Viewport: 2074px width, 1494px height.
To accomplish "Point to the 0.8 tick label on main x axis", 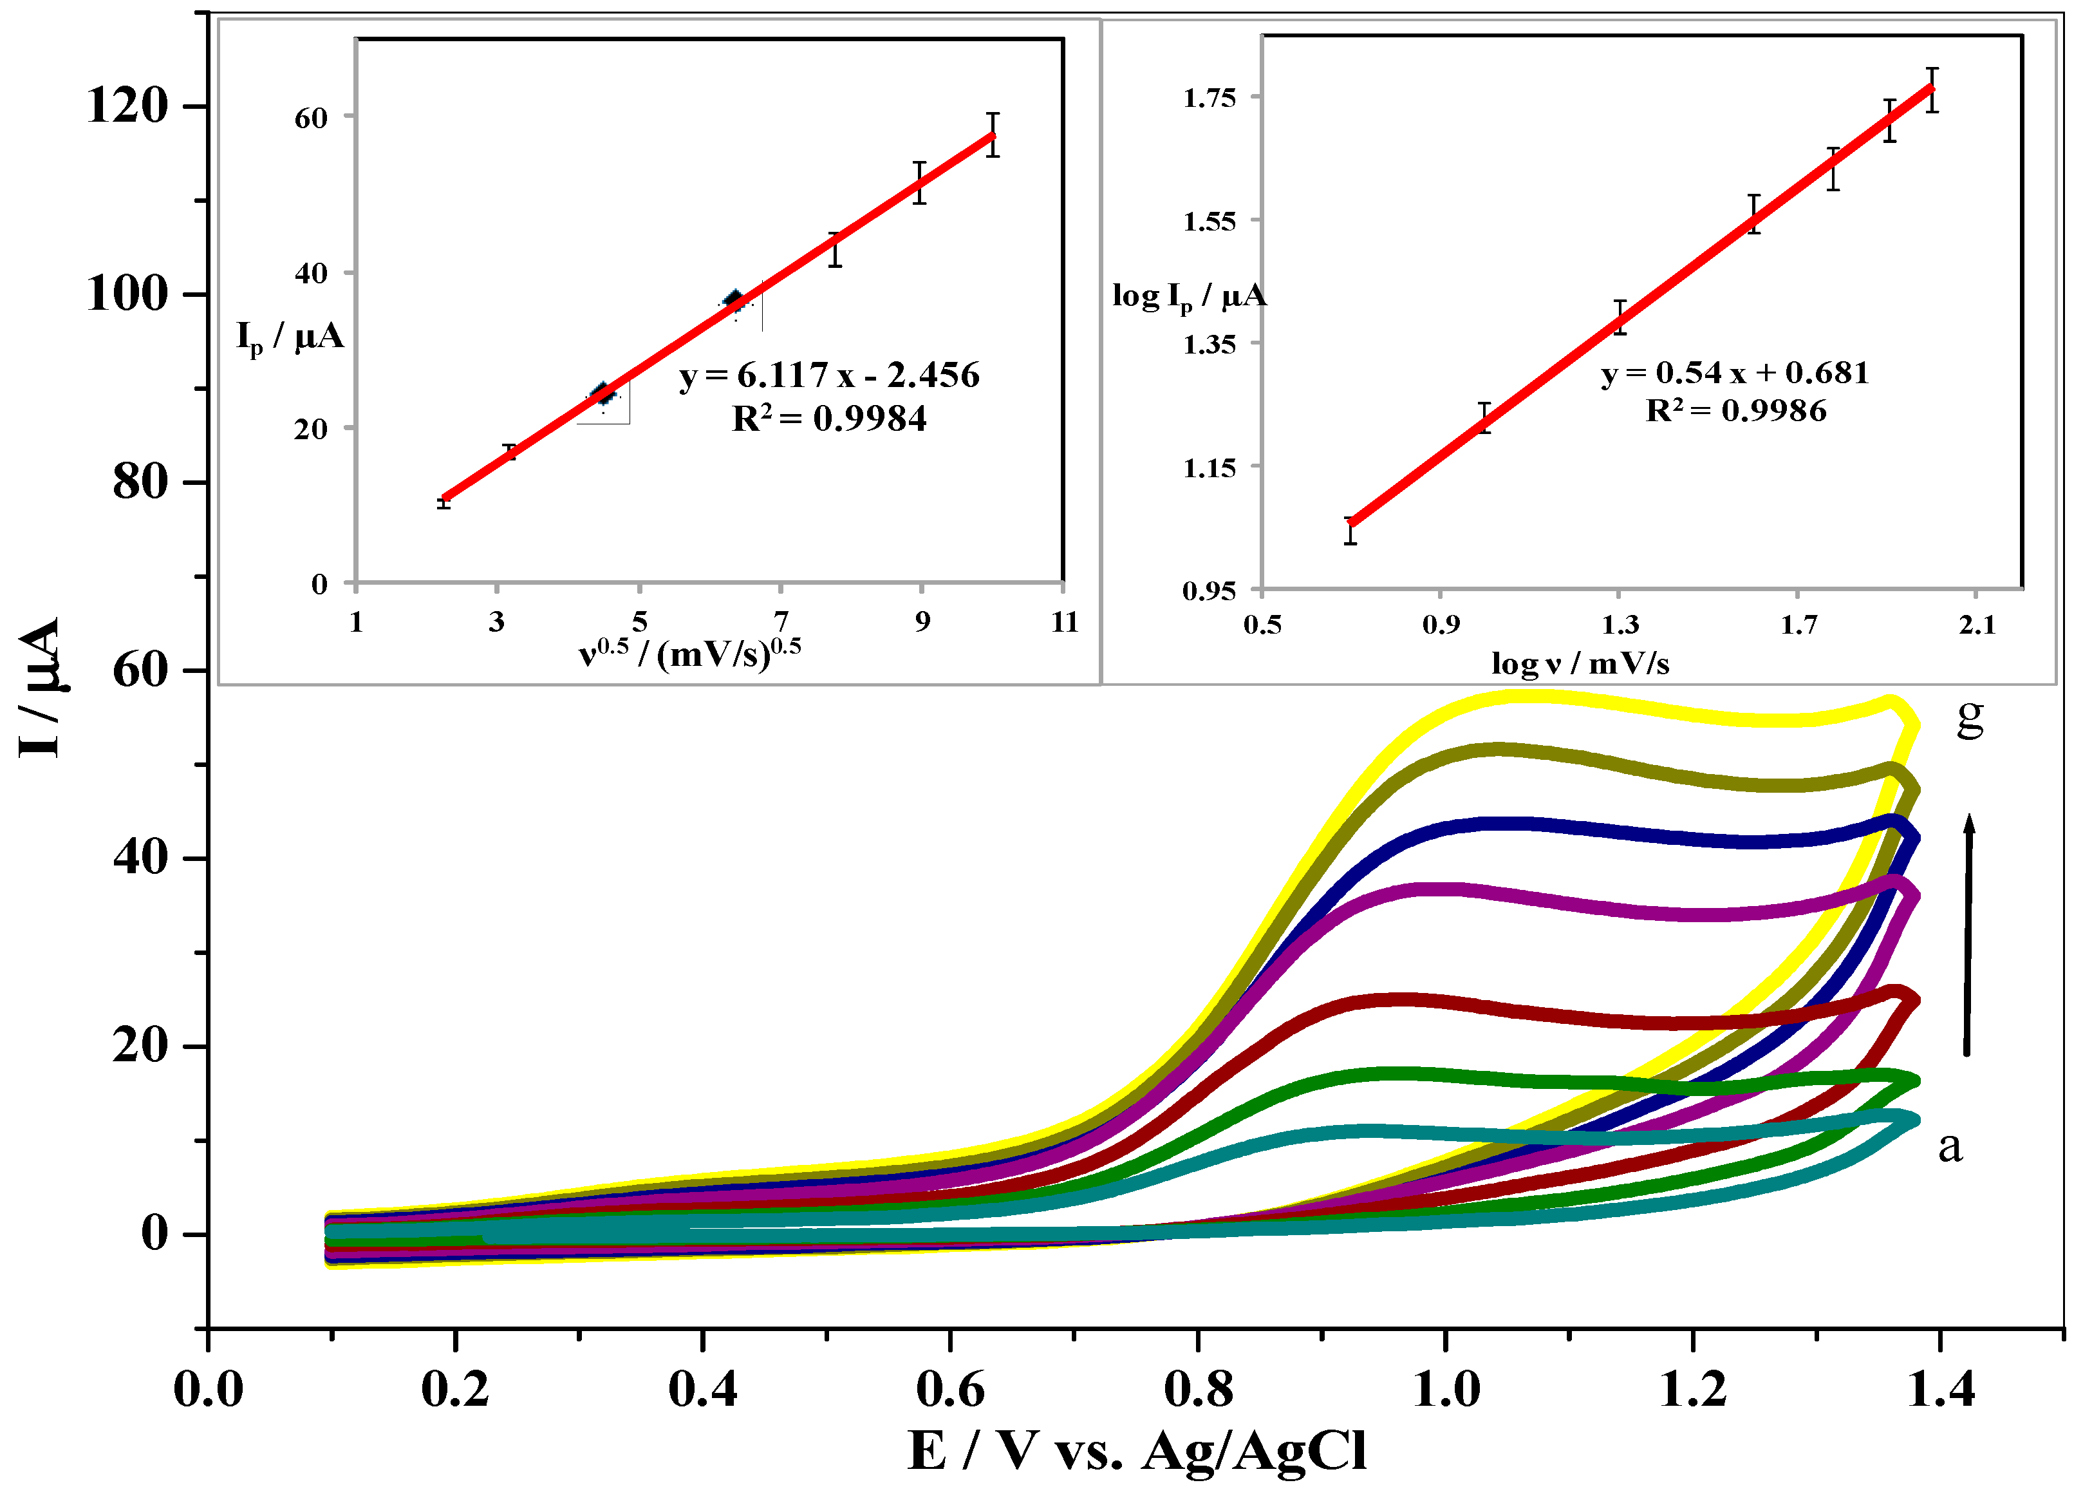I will point(1198,1389).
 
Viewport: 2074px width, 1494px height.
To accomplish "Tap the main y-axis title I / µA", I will point(41,687).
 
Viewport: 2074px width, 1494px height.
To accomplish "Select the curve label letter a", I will point(1950,1146).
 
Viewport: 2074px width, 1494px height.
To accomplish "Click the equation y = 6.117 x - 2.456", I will point(828,375).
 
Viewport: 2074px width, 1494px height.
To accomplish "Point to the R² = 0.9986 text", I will point(1735,411).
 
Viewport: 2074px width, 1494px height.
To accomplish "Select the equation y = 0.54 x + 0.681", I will point(1734,372).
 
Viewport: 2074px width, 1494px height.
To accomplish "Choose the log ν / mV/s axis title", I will point(1579,663).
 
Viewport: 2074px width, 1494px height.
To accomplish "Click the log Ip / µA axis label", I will point(1189,296).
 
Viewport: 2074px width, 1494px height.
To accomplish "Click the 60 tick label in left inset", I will point(310,118).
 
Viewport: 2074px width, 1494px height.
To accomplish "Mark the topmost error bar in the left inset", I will point(992,135).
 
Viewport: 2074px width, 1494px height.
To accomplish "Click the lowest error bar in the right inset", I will point(1350,531).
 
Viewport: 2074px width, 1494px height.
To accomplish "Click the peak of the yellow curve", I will point(1537,697).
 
